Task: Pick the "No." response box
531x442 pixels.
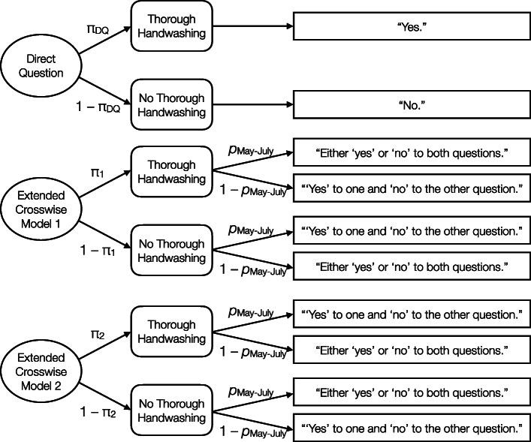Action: click(412, 104)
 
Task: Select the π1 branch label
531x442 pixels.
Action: click(97, 174)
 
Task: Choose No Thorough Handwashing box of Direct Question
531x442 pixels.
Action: click(170, 104)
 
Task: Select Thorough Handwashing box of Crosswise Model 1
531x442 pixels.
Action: click(170, 172)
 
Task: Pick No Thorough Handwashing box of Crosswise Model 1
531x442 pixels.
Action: click(170, 251)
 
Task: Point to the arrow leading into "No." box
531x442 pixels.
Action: click(252, 104)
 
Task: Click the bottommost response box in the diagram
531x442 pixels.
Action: click(412, 428)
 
